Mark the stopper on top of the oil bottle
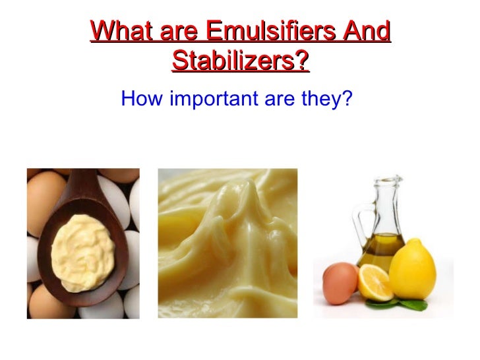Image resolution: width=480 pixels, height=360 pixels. coord(388,180)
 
